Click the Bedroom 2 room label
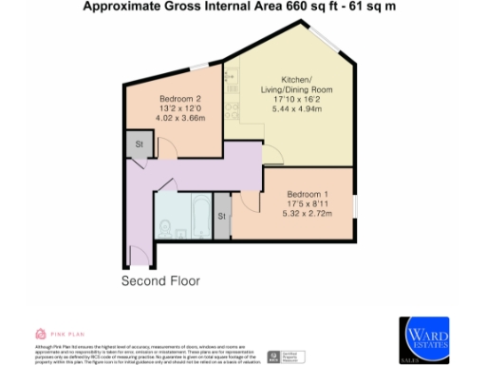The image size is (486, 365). [179, 99]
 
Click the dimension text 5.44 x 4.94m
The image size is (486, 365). [295, 107]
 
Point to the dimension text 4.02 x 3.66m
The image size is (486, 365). [179, 119]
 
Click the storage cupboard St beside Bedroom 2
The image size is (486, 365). [140, 145]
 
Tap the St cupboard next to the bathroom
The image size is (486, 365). [222, 217]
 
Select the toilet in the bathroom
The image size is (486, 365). [165, 228]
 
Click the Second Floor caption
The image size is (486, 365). [161, 281]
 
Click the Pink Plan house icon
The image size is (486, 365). [40, 334]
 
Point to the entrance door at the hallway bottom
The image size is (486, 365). [142, 255]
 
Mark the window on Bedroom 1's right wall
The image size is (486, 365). [358, 204]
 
